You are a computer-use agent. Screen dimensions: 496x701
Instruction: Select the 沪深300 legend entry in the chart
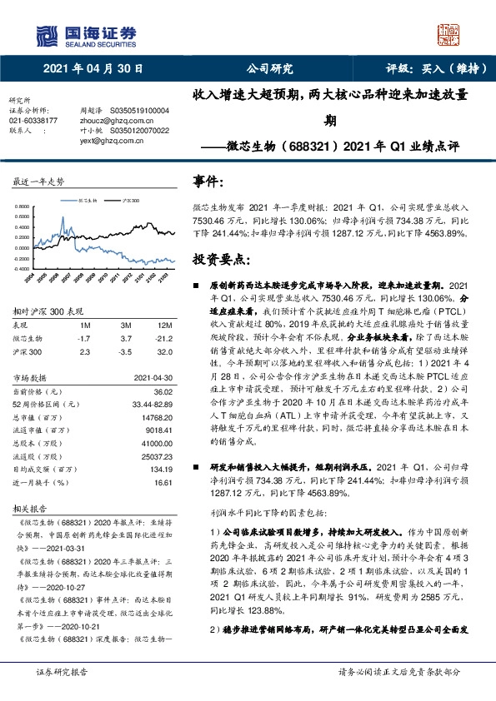(132, 201)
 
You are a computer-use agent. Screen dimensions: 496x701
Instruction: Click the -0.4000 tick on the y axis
(23, 269)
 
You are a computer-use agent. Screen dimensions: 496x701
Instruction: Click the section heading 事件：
(209, 181)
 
